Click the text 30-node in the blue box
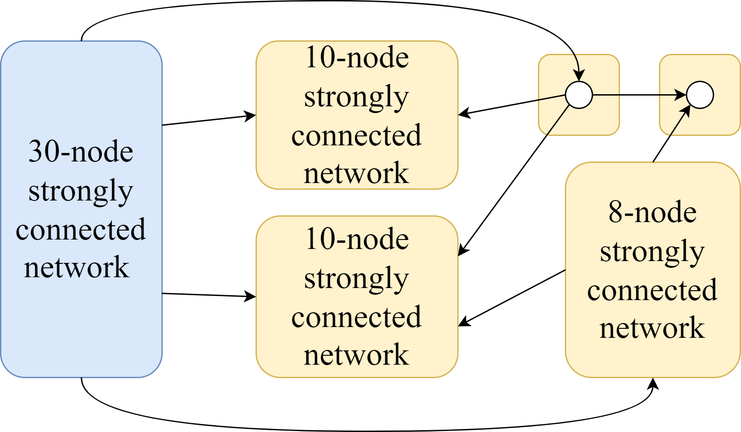tap(81, 152)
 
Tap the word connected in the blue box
tap(81, 230)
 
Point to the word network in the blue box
tap(76, 268)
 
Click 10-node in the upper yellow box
tap(357, 58)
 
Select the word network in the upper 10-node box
tap(357, 174)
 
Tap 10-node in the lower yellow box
tap(357, 239)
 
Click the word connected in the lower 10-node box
tap(357, 317)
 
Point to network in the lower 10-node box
tap(357, 355)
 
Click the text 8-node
tap(652, 212)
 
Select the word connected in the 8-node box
tap(652, 290)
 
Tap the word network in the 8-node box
tap(652, 328)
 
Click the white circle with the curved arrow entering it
tap(579, 95)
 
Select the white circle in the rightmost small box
tap(700, 95)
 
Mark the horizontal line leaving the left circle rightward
tap(606, 95)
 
